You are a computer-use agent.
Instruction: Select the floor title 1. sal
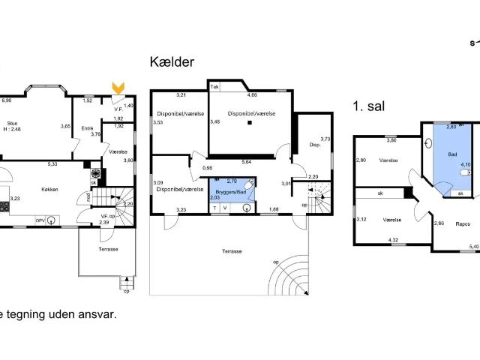coord(368,107)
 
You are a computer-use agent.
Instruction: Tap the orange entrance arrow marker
coord(117,88)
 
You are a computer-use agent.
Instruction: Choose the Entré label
coord(87,128)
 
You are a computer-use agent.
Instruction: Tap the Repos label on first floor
coord(454,223)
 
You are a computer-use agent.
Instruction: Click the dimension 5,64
coord(245,161)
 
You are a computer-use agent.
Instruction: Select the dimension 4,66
coord(253,95)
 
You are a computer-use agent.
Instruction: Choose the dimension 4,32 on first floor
coord(392,240)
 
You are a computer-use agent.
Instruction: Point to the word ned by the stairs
coord(89,199)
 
